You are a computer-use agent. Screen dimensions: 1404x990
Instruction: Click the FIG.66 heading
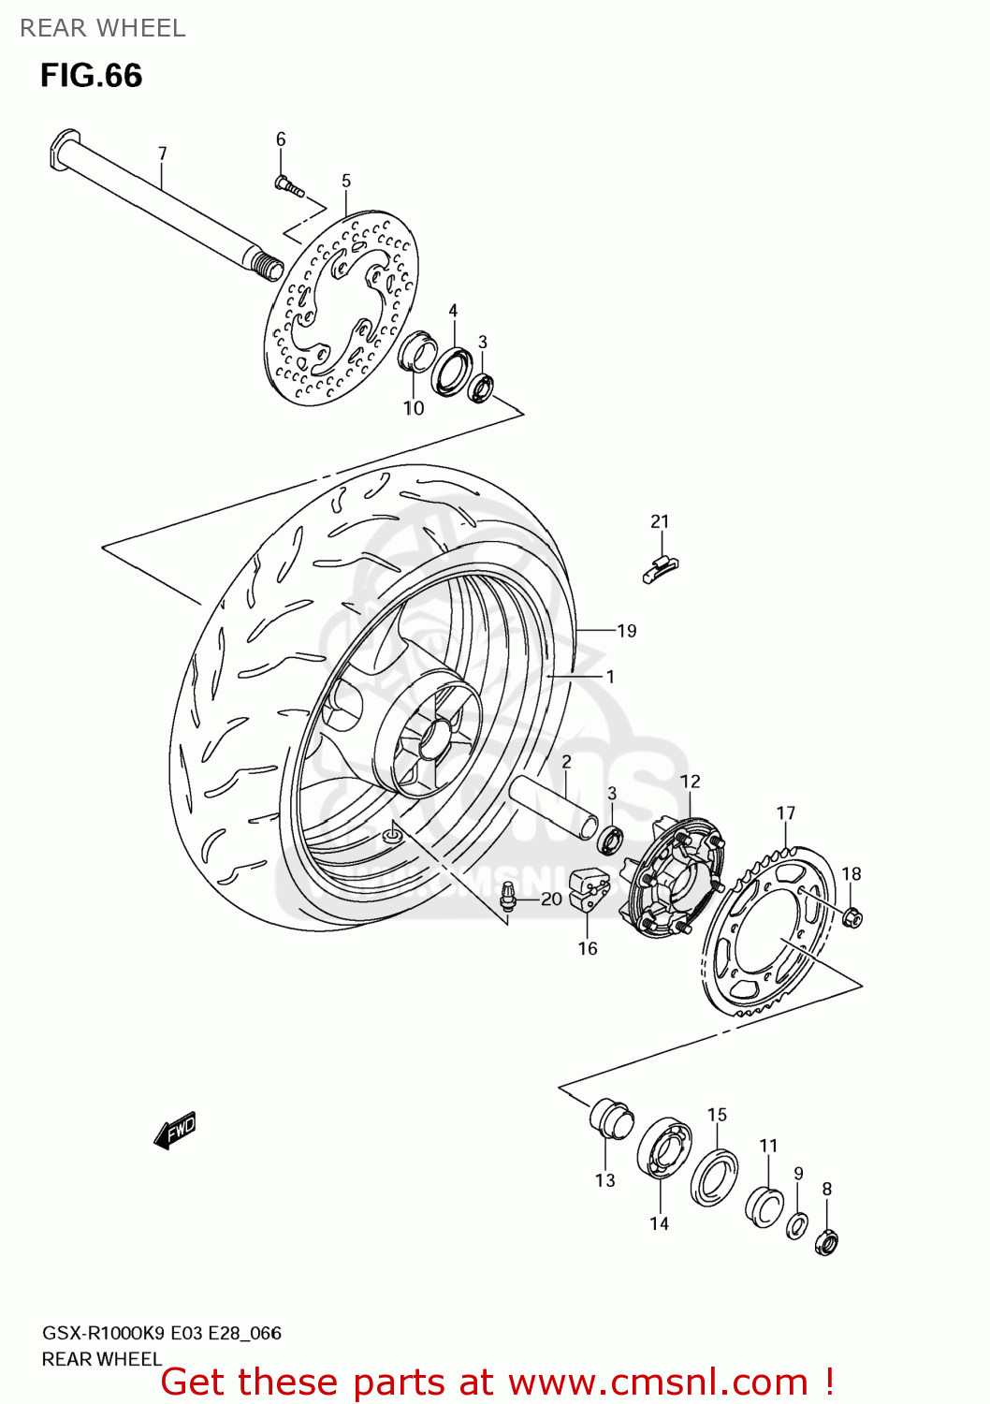pos(91,76)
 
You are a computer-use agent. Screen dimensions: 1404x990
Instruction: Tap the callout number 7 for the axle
pos(162,153)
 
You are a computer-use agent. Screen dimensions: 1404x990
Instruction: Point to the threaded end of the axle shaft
pos(268,267)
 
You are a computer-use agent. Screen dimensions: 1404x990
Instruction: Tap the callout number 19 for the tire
pos(626,631)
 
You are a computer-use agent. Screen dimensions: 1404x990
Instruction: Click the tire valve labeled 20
pos(508,896)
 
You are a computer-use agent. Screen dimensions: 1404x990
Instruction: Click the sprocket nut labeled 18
pos(852,917)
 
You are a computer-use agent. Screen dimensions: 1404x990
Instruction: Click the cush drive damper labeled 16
pos(589,889)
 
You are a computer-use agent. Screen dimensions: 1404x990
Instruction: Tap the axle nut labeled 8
pos(826,1242)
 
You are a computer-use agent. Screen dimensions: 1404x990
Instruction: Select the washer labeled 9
pos(796,1225)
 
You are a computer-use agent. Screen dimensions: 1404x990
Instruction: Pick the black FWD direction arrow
pos(175,1130)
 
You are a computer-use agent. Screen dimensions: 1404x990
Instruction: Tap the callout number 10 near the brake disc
pos(414,408)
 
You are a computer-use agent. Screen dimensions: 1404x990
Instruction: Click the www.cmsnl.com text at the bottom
pos(658,1382)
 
